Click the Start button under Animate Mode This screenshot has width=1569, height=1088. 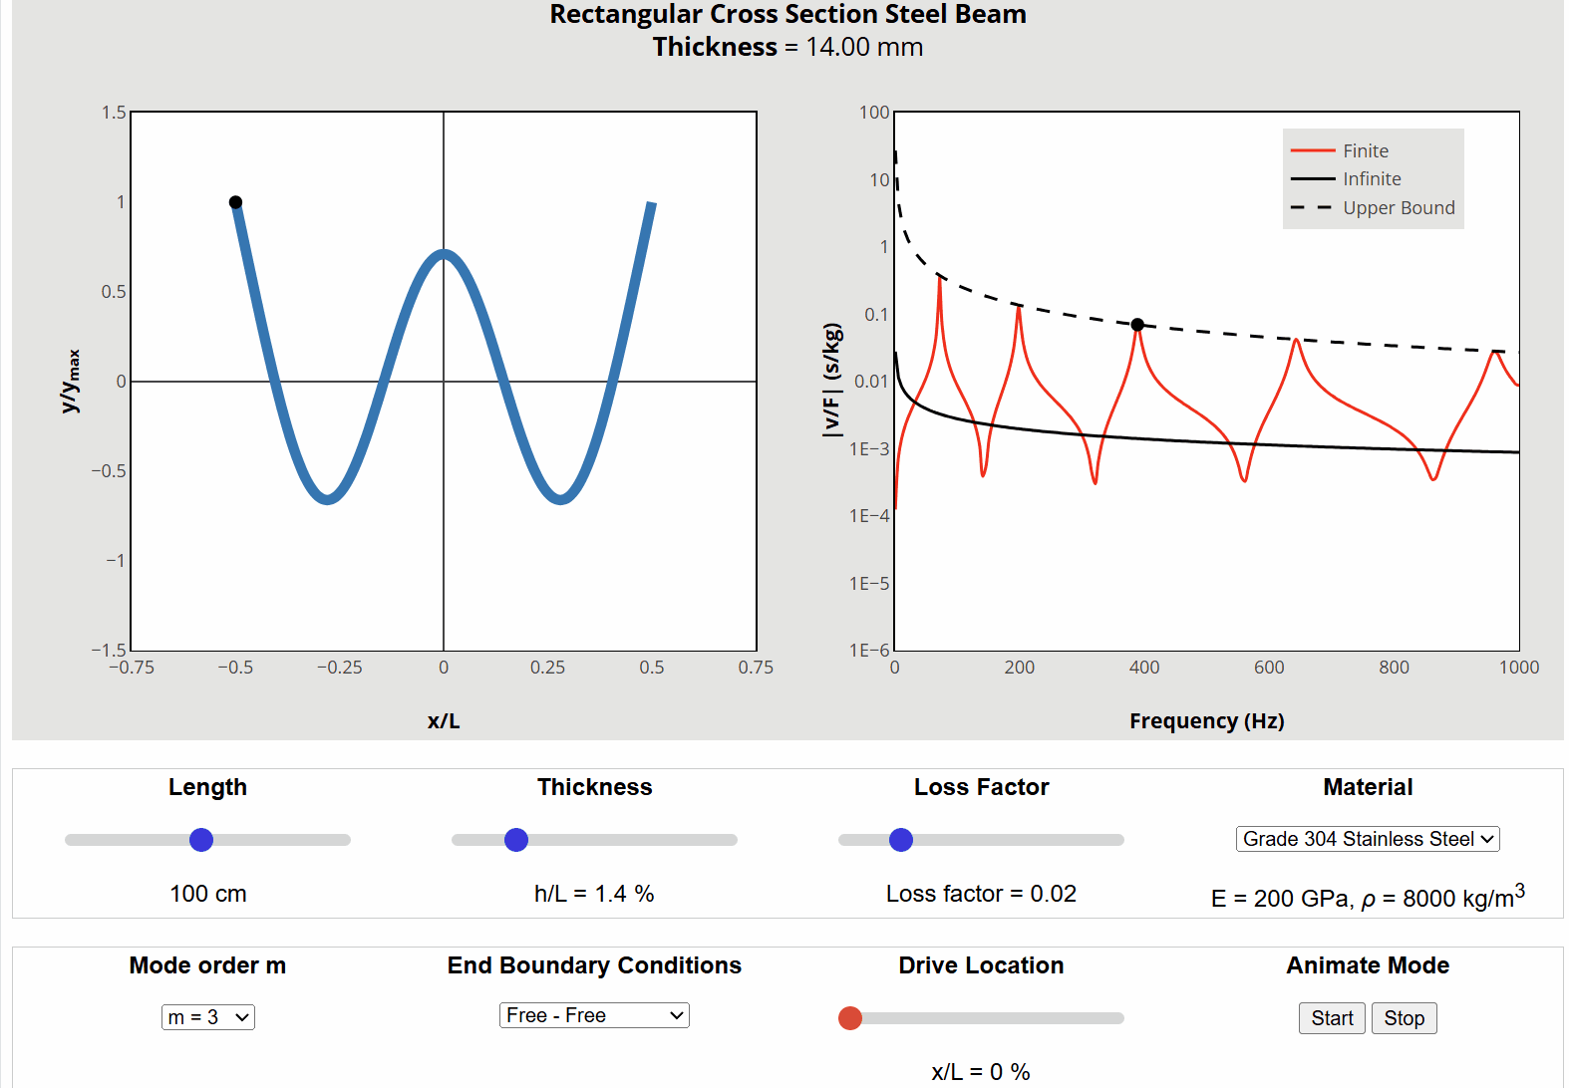point(1332,1018)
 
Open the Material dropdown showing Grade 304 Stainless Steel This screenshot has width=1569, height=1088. point(1368,839)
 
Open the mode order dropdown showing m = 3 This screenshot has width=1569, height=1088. point(208,1017)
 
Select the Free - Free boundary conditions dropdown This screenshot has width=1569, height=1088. point(594,1015)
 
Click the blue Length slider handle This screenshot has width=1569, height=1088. point(201,840)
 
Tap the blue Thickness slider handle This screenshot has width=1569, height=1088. point(516,840)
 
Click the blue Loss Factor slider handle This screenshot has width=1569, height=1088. point(901,840)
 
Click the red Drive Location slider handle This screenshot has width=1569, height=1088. point(850,1018)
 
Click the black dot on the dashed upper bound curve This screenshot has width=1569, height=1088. point(1137,325)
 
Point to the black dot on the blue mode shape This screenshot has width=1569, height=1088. point(235,202)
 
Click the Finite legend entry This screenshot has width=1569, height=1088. point(1365,150)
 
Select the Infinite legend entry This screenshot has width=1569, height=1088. point(1371,179)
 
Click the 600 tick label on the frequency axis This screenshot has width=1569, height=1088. point(1269,668)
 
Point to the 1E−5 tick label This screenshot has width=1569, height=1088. point(869,584)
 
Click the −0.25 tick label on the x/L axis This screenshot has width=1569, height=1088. point(339,668)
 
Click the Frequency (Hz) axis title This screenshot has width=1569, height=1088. point(1206,721)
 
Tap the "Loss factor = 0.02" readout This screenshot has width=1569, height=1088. point(981,894)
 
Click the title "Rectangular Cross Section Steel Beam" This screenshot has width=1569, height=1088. point(787,15)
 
